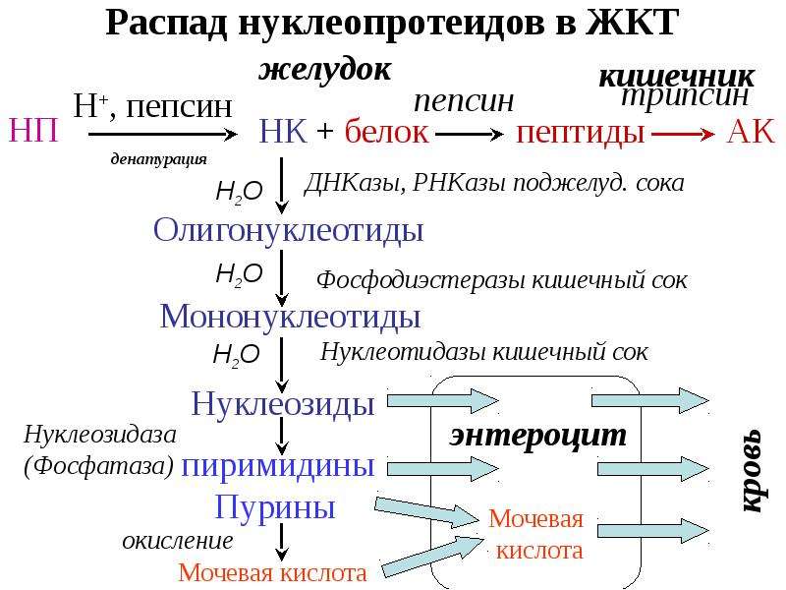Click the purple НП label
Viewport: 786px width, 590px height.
click(x=34, y=131)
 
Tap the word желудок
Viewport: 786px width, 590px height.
click(x=325, y=69)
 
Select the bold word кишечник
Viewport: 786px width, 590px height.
click(x=676, y=77)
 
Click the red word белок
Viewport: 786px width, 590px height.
click(x=386, y=132)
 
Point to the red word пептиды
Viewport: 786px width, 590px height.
click(x=580, y=133)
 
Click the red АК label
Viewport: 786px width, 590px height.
click(x=751, y=132)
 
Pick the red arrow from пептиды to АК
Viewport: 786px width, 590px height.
click(x=683, y=134)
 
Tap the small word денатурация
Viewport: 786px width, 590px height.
click(x=158, y=159)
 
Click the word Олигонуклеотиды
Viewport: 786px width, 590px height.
click(x=288, y=231)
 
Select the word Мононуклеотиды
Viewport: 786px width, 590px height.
click(x=290, y=317)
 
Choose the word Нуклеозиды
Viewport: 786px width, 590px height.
click(x=283, y=403)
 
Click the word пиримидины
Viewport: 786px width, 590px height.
click(x=278, y=466)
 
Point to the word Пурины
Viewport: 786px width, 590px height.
click(x=275, y=507)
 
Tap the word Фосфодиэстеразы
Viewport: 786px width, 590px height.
click(x=422, y=280)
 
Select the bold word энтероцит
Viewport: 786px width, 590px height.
click(x=537, y=436)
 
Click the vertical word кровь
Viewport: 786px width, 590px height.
click(x=751, y=471)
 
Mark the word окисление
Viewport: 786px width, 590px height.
click(x=178, y=541)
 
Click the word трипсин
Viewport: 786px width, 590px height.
click(x=685, y=96)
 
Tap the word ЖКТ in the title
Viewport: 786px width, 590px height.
click(x=633, y=23)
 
